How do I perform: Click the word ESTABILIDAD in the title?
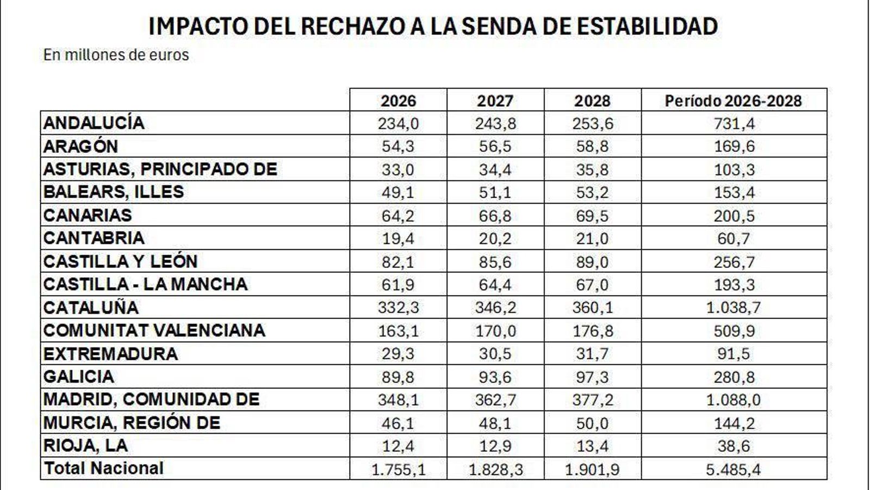point(647,26)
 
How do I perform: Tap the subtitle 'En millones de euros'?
point(116,55)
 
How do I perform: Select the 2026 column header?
point(398,101)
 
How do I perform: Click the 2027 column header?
point(495,101)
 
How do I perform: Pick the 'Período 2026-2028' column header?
point(734,101)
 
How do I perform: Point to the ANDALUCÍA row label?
point(94,123)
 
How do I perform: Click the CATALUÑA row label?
point(91,308)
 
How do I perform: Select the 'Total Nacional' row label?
point(104,468)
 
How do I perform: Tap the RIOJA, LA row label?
point(85,445)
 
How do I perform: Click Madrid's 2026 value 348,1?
point(398,400)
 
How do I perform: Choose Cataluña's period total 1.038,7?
point(734,308)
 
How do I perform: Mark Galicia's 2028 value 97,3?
point(592,377)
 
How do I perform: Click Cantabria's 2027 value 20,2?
point(495,239)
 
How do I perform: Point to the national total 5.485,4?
point(734,469)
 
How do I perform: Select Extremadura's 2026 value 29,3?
point(398,354)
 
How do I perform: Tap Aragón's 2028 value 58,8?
point(592,147)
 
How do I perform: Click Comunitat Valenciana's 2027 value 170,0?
point(495,331)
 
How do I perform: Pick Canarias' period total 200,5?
point(734,216)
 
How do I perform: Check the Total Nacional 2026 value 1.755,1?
point(398,469)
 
